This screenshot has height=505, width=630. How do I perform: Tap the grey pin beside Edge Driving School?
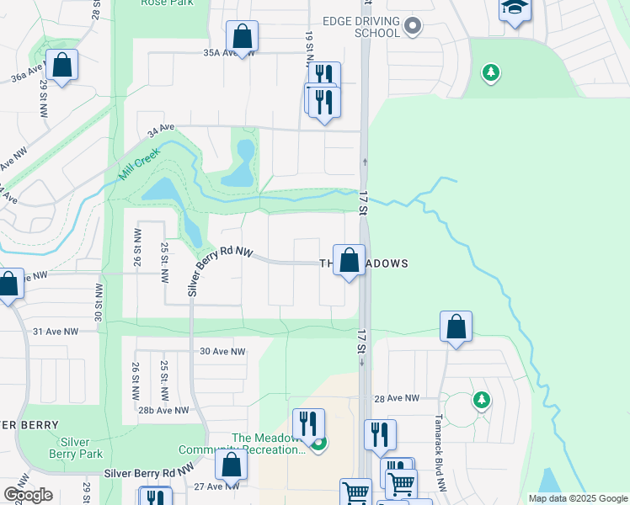point(412,28)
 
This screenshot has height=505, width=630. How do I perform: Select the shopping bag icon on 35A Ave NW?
point(242,37)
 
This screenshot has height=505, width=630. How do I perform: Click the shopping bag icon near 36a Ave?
point(61,65)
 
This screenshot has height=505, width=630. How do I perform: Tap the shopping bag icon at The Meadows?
point(350,261)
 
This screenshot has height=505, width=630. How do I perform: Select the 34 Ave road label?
point(160,129)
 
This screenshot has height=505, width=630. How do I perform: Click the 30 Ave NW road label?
point(222,351)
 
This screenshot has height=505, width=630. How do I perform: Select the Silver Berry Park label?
point(82,448)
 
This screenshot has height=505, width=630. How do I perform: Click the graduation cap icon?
point(514,11)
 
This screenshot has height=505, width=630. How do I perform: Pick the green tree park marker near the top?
point(490,73)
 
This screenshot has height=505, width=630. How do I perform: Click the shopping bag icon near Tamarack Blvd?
point(456,327)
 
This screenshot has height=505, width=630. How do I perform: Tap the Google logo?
point(28,495)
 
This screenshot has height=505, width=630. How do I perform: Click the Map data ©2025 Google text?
point(577,498)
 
